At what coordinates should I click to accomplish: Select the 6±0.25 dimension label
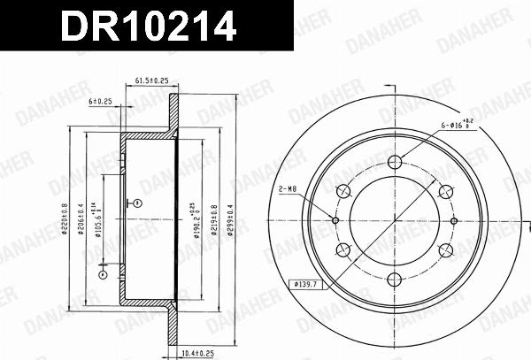tap(99, 101)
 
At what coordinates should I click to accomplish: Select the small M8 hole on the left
tap(335, 220)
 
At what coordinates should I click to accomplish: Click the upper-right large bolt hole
tap(445, 190)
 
